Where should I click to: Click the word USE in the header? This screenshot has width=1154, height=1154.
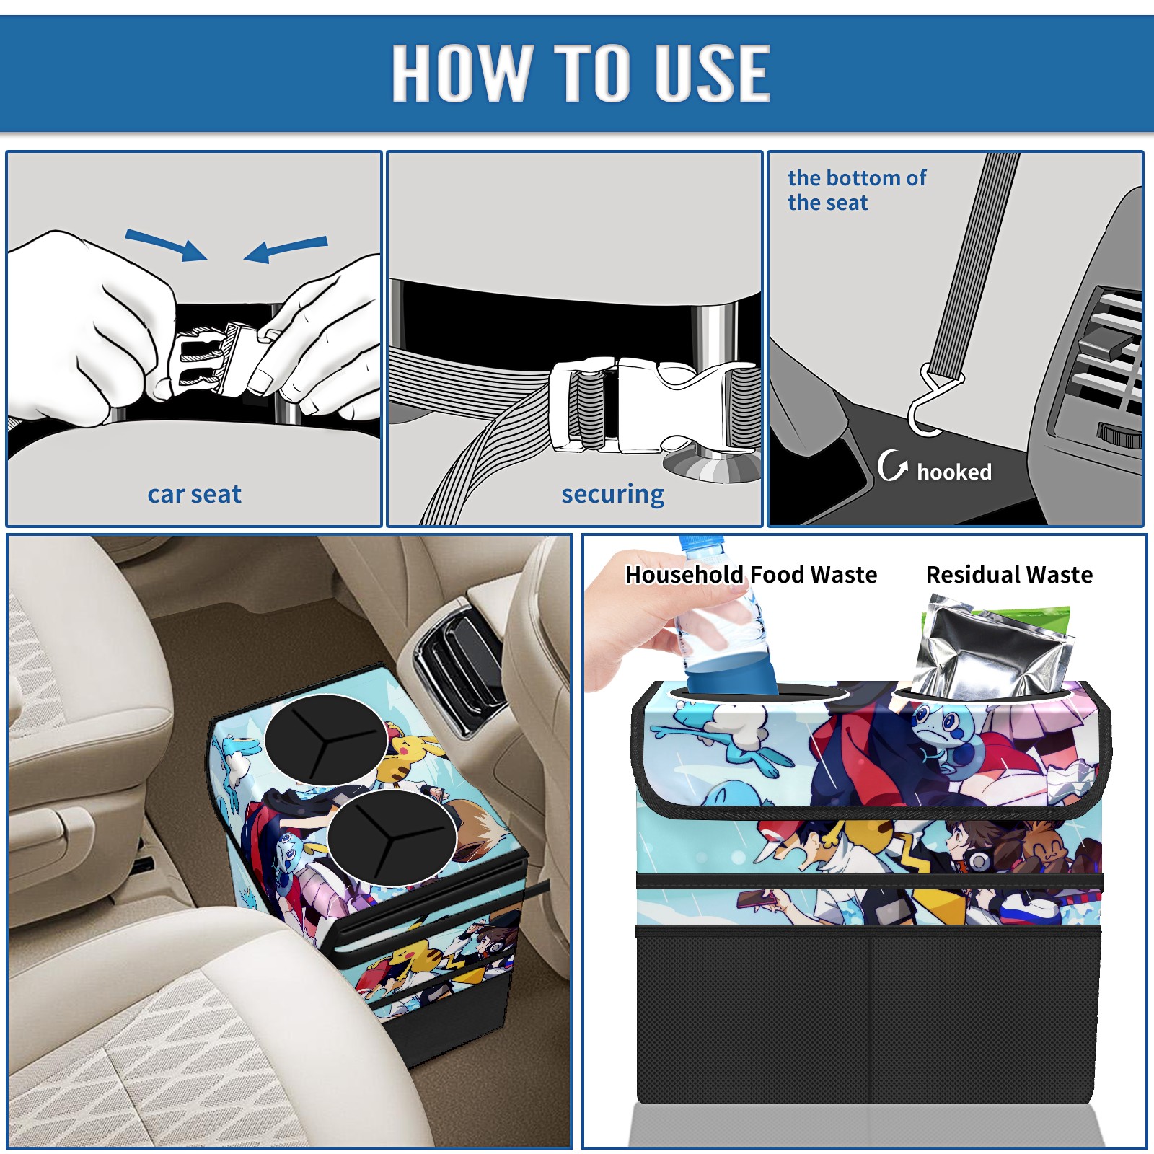coord(713,72)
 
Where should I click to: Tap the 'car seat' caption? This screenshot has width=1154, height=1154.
coord(194,494)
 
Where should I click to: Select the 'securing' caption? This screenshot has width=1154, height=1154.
coord(612,495)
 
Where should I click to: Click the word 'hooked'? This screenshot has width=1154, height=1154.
coord(954,472)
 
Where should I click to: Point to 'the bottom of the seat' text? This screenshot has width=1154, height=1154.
coord(856,190)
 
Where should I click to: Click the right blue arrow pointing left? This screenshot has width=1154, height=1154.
coord(286,249)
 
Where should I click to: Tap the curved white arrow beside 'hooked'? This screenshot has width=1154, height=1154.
coord(891,465)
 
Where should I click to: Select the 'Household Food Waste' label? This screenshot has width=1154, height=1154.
coord(751,574)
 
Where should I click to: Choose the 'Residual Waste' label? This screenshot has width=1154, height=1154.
coord(1009,574)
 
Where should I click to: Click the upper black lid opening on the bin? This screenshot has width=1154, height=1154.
coord(326,739)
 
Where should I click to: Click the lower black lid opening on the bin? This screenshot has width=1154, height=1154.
coord(392,837)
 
